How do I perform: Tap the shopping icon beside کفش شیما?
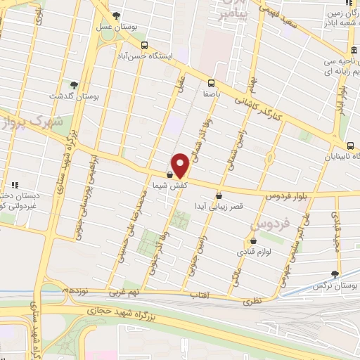(x=169, y=175)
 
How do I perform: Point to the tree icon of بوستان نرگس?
(x=335, y=274)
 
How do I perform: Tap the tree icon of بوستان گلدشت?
(x=74, y=84)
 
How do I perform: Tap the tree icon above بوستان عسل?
(x=116, y=15)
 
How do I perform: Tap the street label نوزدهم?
(x=76, y=290)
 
